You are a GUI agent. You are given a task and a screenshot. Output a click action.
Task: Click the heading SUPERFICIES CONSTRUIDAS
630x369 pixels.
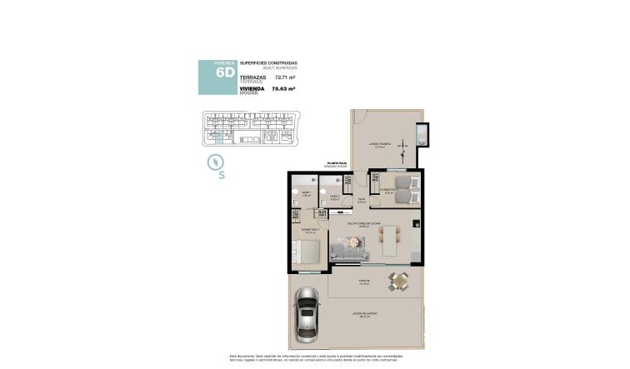(267, 62)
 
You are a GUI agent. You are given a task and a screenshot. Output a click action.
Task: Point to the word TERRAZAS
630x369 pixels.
(252, 76)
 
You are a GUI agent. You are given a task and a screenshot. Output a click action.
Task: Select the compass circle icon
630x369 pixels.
(219, 162)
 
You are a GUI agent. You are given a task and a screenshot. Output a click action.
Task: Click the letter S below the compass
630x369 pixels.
(222, 175)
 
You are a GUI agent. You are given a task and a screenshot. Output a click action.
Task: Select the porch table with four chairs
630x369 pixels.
(398, 282)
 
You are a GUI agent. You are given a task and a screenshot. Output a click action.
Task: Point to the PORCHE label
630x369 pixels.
(364, 281)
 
